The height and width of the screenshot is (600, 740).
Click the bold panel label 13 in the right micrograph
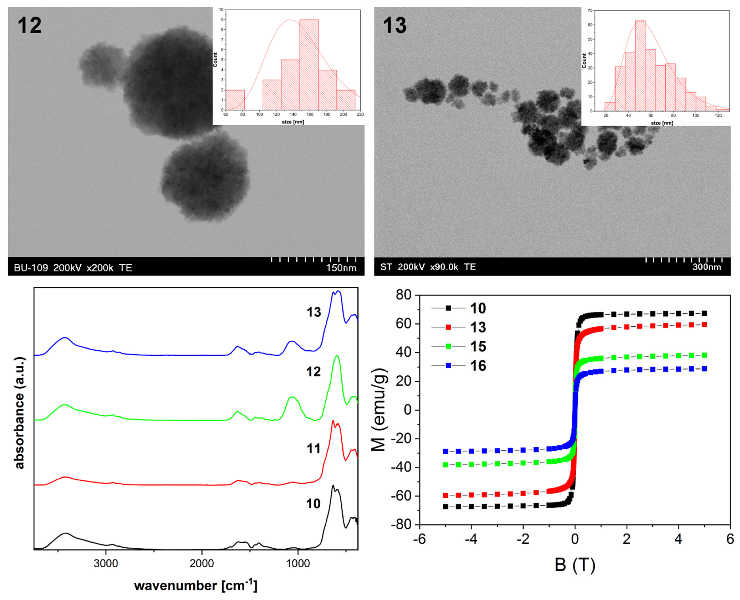click(x=395, y=25)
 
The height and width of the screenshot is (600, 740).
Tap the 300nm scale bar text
click(x=706, y=267)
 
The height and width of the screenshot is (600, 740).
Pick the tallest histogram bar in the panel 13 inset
click(x=640, y=66)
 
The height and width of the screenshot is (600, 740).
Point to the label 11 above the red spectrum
click(x=313, y=449)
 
